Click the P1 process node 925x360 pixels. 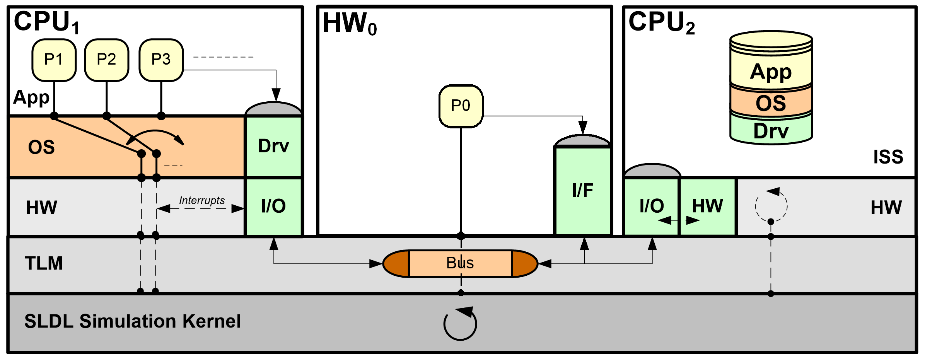click(x=54, y=60)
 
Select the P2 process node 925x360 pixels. click(x=106, y=60)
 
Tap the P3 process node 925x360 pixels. click(x=161, y=60)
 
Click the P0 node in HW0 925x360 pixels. click(x=461, y=106)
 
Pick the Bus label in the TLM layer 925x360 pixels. click(x=460, y=263)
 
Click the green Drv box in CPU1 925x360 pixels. click(x=273, y=146)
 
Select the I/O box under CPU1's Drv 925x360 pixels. click(x=273, y=206)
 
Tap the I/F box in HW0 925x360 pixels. click(x=582, y=191)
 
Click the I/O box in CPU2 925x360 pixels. click(x=652, y=206)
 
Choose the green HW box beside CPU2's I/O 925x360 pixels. click(x=708, y=206)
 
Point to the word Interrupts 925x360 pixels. click(x=201, y=200)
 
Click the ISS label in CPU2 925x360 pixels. click(x=888, y=157)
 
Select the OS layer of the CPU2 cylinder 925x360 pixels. click(x=771, y=103)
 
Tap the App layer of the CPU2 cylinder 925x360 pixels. click(x=771, y=72)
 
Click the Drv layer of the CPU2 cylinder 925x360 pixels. click(x=771, y=131)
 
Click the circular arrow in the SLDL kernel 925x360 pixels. click(x=460, y=324)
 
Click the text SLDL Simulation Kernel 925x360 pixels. click(x=133, y=321)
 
